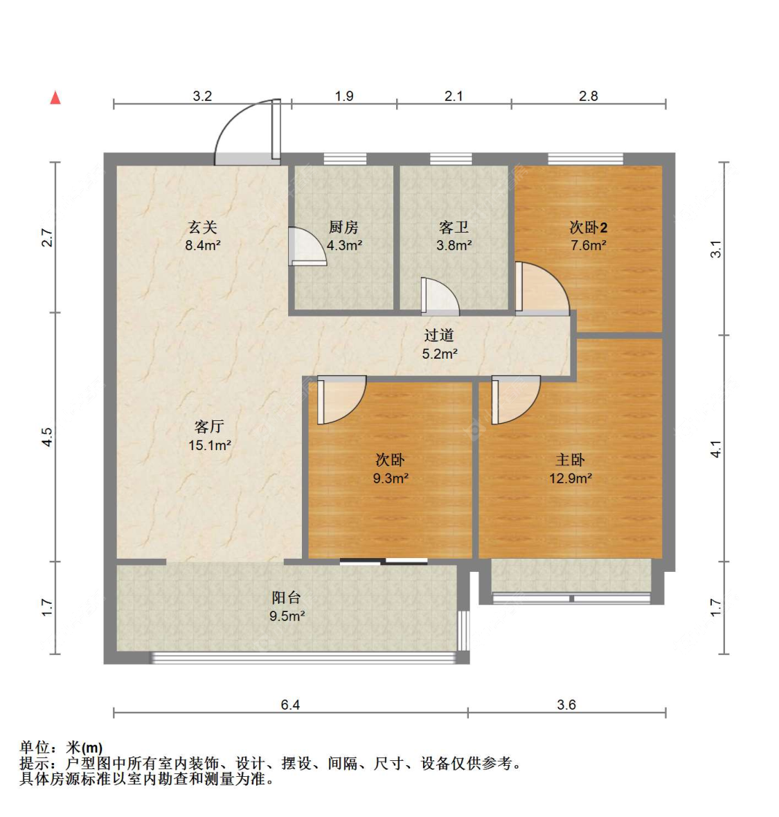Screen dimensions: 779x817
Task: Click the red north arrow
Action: click(55, 98)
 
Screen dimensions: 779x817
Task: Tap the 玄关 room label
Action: click(203, 227)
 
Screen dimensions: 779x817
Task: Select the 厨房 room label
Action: click(344, 227)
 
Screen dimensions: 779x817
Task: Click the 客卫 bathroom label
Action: click(454, 227)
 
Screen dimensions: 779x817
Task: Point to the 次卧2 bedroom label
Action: click(589, 227)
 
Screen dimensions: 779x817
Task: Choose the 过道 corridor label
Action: click(439, 335)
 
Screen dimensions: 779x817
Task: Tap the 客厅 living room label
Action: click(210, 427)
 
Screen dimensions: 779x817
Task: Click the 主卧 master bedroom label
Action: click(571, 460)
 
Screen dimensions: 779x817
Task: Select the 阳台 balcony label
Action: click(287, 597)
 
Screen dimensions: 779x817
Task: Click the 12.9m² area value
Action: click(571, 478)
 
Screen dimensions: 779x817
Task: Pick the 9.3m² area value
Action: click(391, 478)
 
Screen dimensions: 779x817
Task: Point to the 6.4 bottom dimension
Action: click(290, 704)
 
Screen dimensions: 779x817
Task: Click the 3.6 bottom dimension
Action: click(566, 704)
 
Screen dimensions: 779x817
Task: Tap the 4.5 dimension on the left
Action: click(47, 437)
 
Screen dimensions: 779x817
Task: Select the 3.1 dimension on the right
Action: click(716, 249)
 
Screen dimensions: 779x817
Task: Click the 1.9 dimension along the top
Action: click(344, 96)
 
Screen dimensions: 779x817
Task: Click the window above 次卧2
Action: click(586, 159)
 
